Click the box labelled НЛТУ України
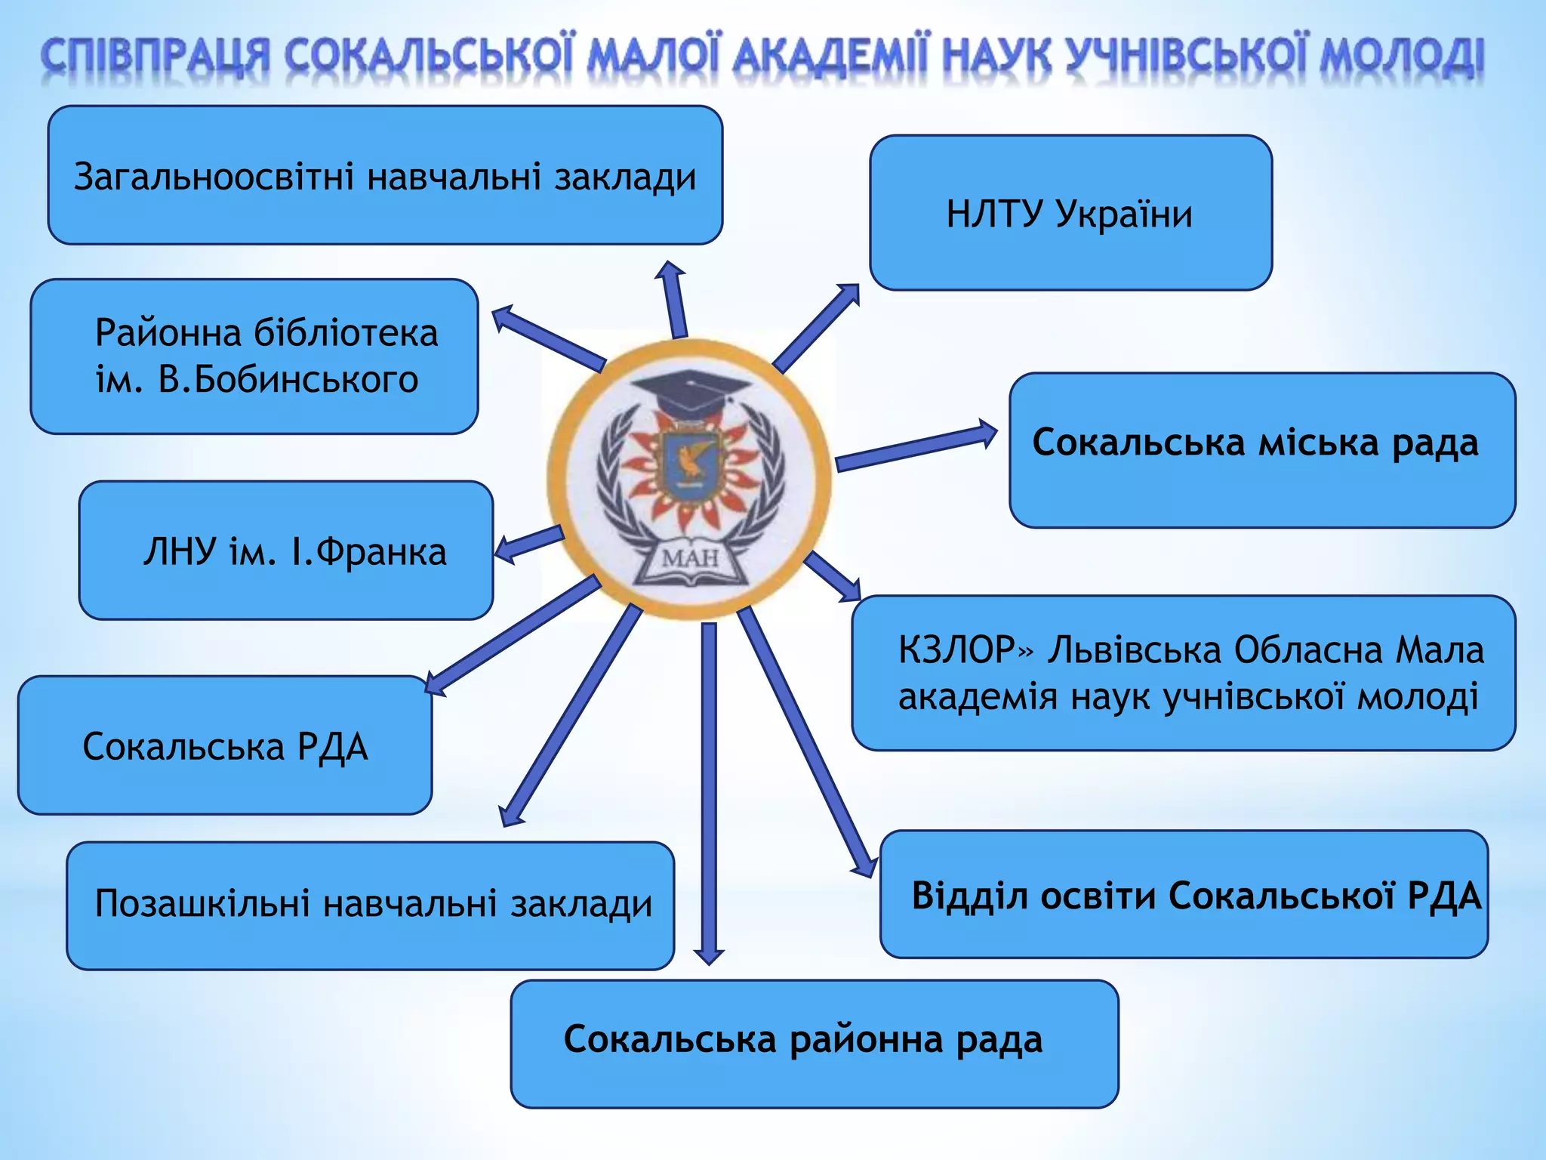click(1070, 213)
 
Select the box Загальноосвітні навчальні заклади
click(385, 176)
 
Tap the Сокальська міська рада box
click(1262, 450)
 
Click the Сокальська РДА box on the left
click(225, 746)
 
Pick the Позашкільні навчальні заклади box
click(370, 905)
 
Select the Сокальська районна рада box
click(814, 1044)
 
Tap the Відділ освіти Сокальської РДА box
click(1184, 896)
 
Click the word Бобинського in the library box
click(288, 379)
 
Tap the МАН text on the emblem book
click(690, 560)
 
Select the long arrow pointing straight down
click(709, 793)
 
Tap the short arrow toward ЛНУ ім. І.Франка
click(528, 545)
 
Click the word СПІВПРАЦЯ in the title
click(154, 57)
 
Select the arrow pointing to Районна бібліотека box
click(547, 337)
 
